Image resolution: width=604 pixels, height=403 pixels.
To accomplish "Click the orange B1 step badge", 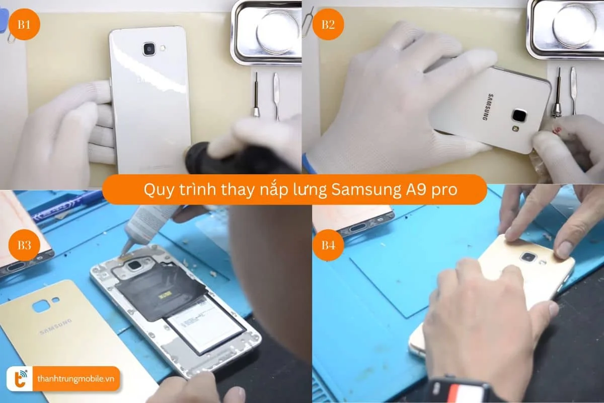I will [24, 25].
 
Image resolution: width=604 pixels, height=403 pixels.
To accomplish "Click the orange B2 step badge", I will [328, 25].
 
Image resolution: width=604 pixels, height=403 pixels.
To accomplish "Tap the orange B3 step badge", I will [24, 245].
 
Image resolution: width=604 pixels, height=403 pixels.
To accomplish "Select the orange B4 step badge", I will [328, 245].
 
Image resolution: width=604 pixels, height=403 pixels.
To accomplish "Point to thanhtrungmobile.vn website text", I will [76, 379].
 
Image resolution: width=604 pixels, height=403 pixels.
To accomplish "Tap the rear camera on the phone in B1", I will [149, 49].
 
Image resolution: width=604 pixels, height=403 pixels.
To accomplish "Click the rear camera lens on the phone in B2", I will [519, 115].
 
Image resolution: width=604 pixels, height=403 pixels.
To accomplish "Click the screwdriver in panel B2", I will [558, 93].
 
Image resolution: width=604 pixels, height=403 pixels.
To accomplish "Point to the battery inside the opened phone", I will [206, 322].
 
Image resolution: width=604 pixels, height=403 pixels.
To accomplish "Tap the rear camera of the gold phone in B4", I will [528, 257].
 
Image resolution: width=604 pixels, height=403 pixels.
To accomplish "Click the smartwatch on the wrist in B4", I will [461, 390].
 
